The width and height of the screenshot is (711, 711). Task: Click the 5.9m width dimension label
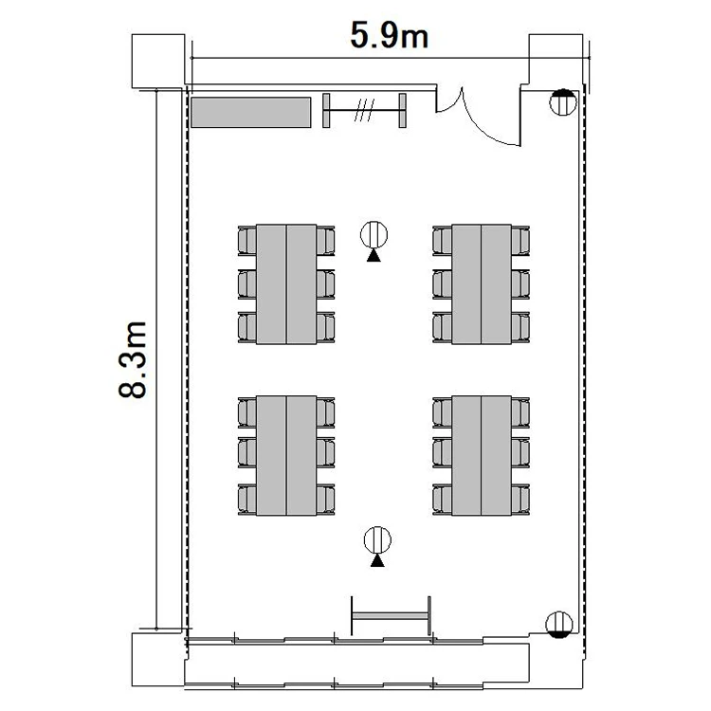coord(389,35)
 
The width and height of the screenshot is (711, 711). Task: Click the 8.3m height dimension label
coord(133,359)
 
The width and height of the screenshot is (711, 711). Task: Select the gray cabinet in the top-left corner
coord(251,113)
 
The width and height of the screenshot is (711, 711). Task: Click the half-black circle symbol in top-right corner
coord(563,102)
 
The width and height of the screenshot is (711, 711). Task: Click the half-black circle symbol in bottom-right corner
coord(559,625)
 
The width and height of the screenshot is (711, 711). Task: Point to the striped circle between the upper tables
coord(374,235)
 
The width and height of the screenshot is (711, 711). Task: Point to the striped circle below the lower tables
coord(377,540)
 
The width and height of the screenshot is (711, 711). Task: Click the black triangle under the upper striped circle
coord(374,256)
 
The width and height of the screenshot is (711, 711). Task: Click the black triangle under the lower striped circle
coord(377,561)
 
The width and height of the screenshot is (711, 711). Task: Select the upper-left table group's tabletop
coord(286,283)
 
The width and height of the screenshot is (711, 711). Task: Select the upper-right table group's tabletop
coord(482,283)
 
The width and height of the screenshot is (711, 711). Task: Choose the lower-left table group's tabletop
coord(286,455)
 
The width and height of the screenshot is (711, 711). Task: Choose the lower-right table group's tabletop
coord(482,455)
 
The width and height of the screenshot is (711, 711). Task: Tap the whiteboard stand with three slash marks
coord(364,110)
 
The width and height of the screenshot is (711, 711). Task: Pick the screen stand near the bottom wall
coord(391,616)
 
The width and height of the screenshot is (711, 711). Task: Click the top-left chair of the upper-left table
coord(247,241)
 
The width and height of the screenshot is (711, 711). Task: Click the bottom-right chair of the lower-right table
coord(520,500)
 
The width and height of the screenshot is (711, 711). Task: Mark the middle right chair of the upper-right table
coord(520,284)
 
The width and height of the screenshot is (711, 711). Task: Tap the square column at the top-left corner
coord(158,61)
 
